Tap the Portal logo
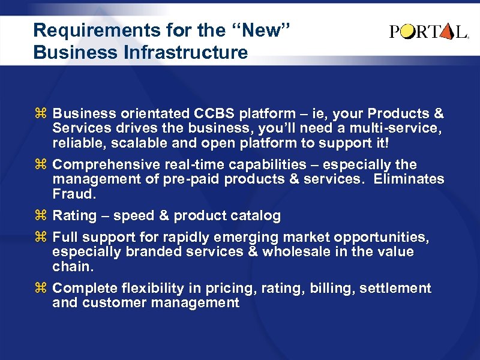(428, 32)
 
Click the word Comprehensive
(107, 164)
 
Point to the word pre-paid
(193, 179)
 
